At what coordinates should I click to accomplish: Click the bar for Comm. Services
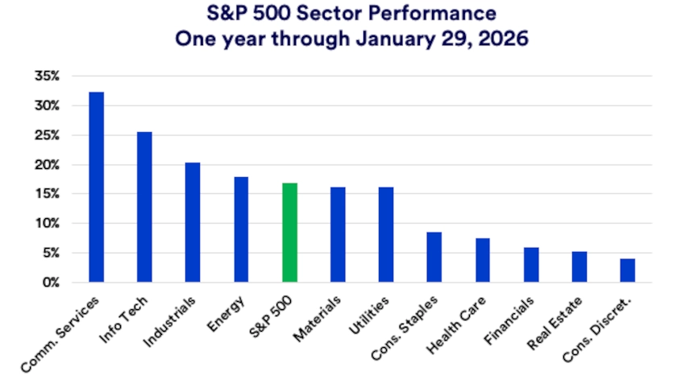(x=96, y=187)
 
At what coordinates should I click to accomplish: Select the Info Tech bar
(x=144, y=207)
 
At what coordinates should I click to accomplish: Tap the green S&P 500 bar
(x=289, y=233)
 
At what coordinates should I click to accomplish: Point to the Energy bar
(x=241, y=229)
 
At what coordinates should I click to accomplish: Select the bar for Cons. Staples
(x=434, y=257)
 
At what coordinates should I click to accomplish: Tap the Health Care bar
(x=483, y=260)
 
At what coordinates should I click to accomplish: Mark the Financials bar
(x=531, y=265)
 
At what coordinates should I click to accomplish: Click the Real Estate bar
(x=579, y=266)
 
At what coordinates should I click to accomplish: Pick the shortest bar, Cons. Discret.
(x=627, y=271)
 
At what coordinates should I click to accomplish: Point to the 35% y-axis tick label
(x=48, y=76)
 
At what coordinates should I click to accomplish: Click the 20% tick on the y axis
(x=48, y=165)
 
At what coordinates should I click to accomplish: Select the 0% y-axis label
(x=51, y=283)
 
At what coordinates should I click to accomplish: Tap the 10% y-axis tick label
(x=48, y=224)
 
